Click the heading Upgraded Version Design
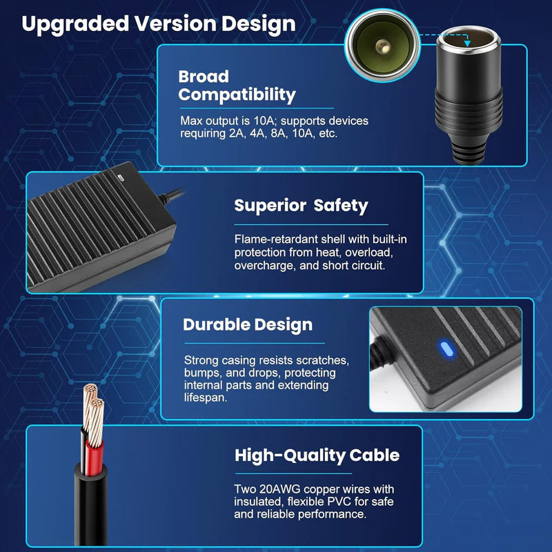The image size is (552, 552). [159, 24]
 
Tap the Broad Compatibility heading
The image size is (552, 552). [237, 86]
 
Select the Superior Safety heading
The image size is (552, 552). [301, 206]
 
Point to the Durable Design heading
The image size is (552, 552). [248, 325]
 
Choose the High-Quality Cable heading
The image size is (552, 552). [317, 455]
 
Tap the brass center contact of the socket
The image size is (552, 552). [383, 46]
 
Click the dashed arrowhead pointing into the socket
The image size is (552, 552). [467, 43]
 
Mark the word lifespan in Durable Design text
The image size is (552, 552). [205, 398]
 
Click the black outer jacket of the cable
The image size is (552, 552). [91, 507]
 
